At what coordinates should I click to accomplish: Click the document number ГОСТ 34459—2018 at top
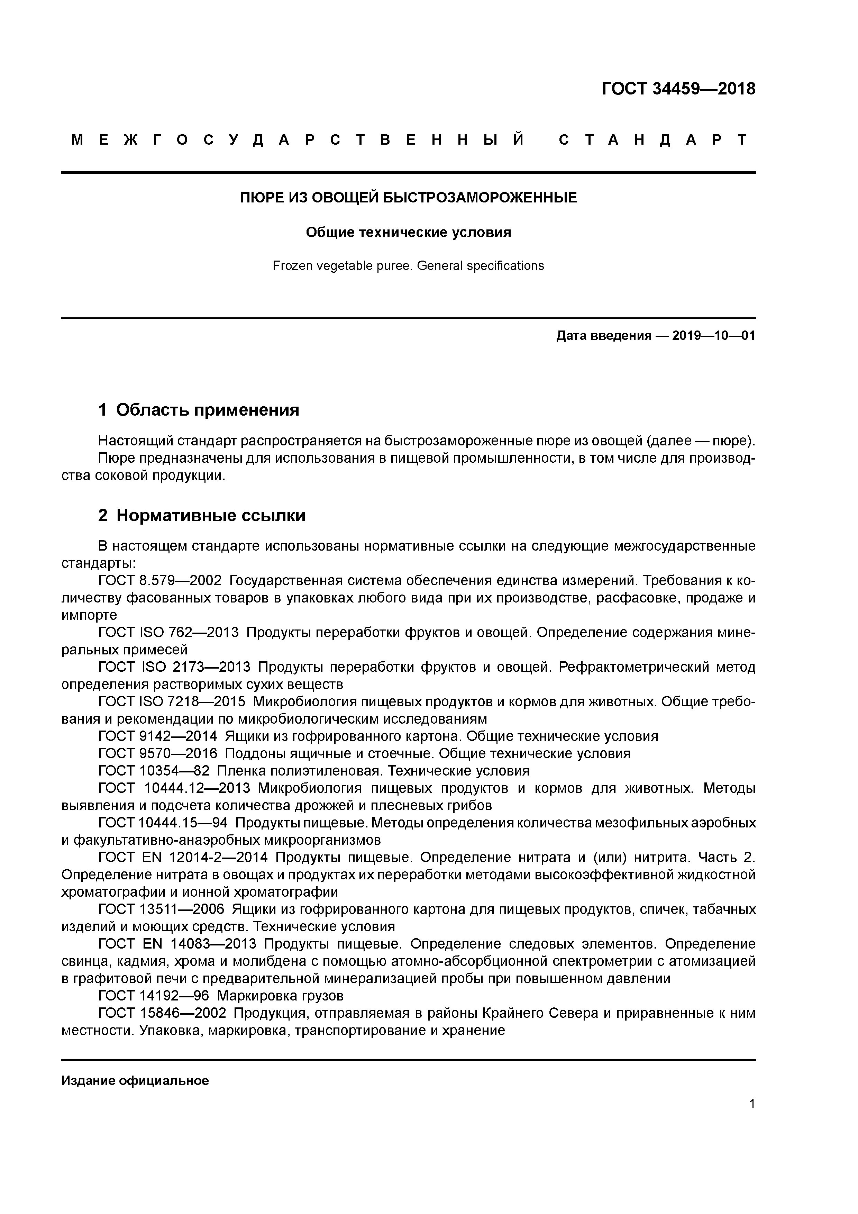click(678, 89)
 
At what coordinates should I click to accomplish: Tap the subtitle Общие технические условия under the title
click(408, 233)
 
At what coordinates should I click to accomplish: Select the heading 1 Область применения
click(199, 410)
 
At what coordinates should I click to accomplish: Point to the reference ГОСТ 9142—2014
click(157, 736)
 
